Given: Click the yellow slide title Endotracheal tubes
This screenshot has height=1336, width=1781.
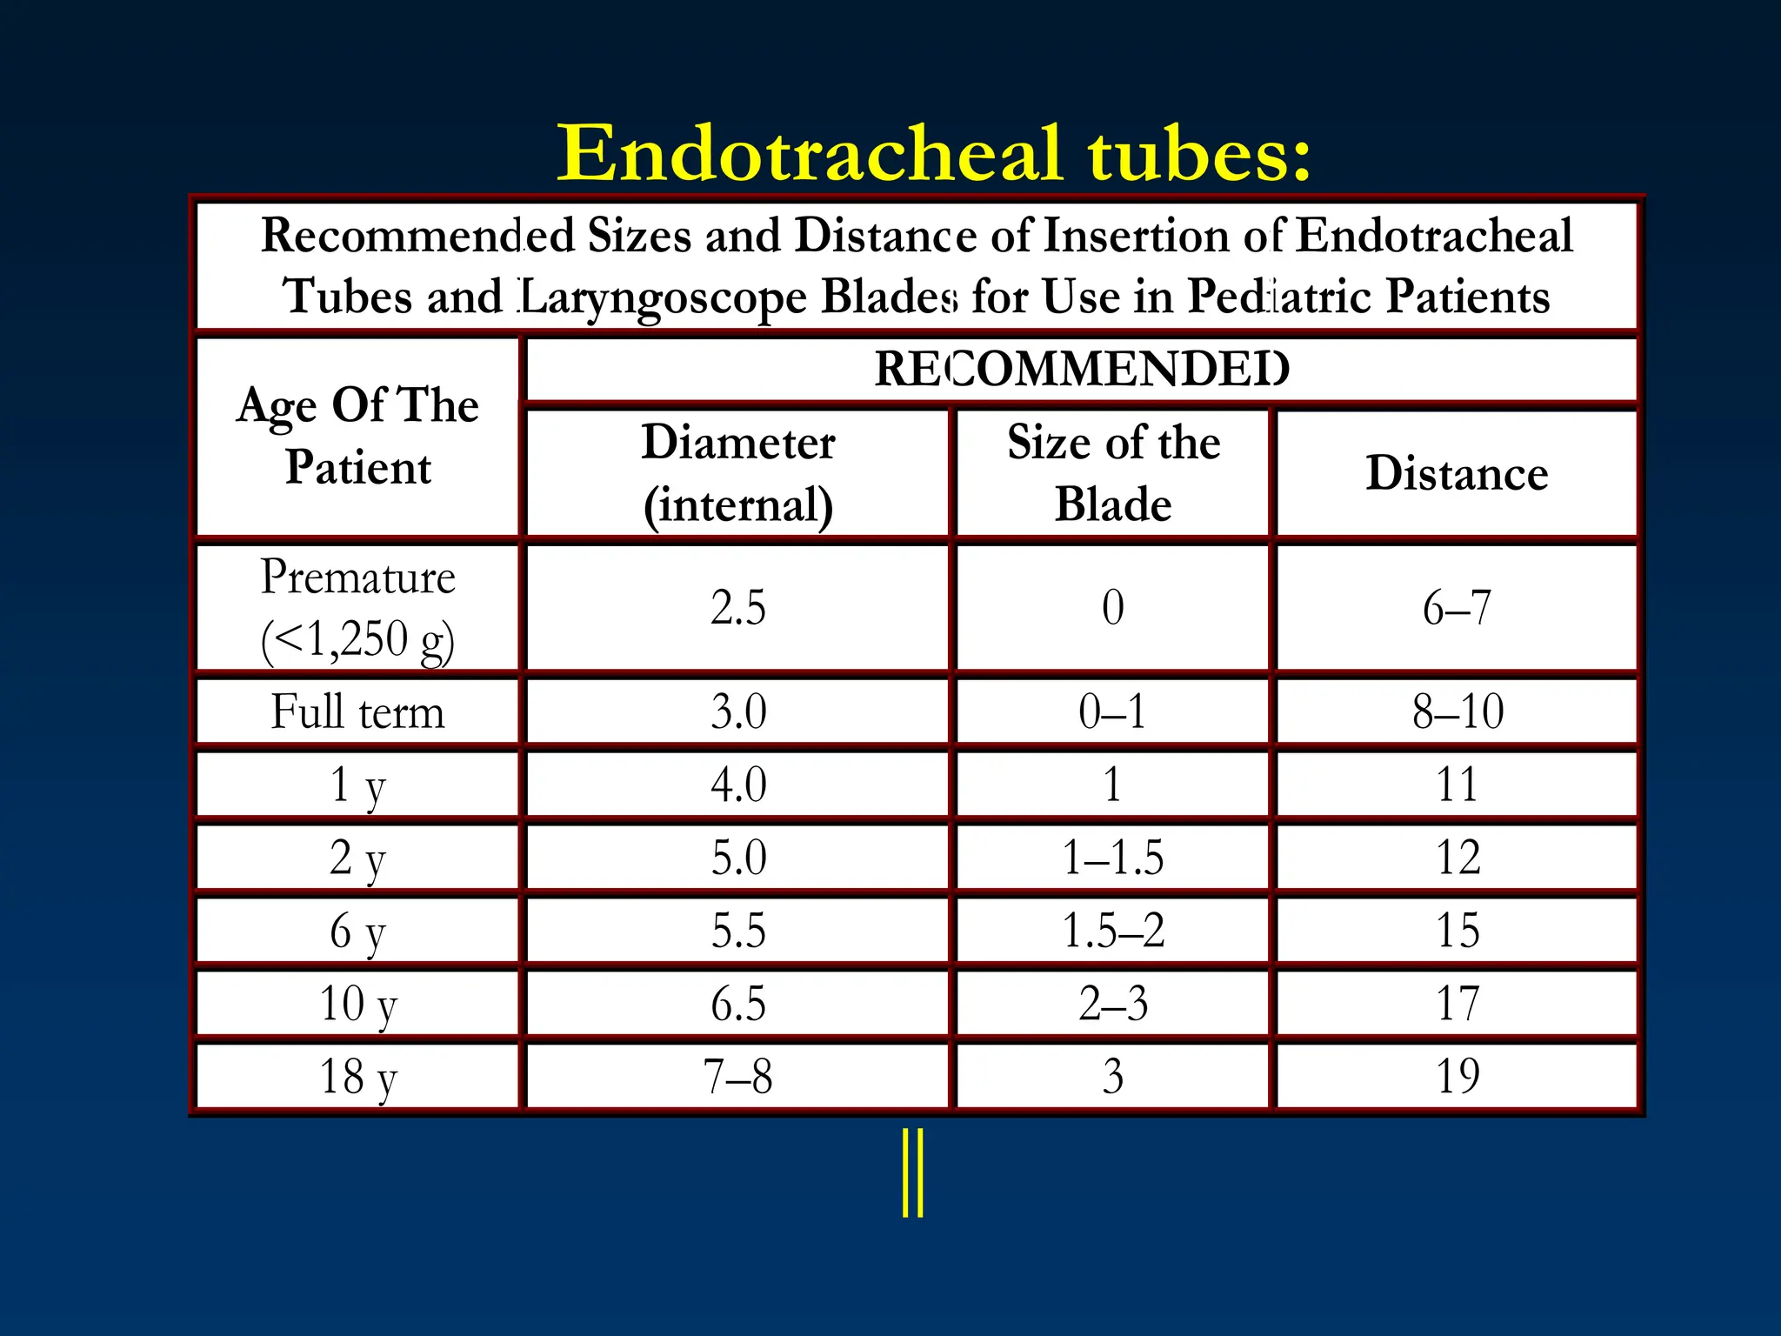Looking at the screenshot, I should click(933, 154).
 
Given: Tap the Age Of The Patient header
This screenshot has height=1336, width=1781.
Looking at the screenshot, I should click(357, 436).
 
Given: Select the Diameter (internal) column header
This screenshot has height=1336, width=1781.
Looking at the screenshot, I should click(737, 472).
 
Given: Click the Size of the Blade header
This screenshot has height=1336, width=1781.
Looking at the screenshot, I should click(1113, 472).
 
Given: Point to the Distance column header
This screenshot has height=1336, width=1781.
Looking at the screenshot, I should click(1457, 473).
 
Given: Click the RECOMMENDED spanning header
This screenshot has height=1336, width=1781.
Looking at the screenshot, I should click(1081, 369).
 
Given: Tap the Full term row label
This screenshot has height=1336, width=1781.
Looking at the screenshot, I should click(357, 711).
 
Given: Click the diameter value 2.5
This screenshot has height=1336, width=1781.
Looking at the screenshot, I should click(737, 607).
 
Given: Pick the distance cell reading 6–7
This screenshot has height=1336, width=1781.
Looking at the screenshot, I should click(1457, 607).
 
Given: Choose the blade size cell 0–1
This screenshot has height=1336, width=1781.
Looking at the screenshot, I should click(1113, 711).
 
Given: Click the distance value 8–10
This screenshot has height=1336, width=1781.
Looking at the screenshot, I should click(1457, 711).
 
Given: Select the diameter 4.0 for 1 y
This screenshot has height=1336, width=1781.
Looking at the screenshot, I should click(737, 785).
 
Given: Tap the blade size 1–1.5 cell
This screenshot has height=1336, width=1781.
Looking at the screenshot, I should click(1113, 858).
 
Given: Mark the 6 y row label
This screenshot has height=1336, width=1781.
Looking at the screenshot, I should click(357, 931).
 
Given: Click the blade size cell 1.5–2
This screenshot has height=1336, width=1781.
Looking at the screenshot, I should click(1113, 931).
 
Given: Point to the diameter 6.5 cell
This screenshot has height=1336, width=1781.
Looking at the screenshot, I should click(737, 1004).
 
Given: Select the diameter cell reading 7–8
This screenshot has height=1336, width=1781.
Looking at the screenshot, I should click(737, 1077).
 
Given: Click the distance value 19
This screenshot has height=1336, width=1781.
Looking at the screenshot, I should click(1457, 1077).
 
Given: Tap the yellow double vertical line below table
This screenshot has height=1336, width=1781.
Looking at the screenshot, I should click(912, 1172).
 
